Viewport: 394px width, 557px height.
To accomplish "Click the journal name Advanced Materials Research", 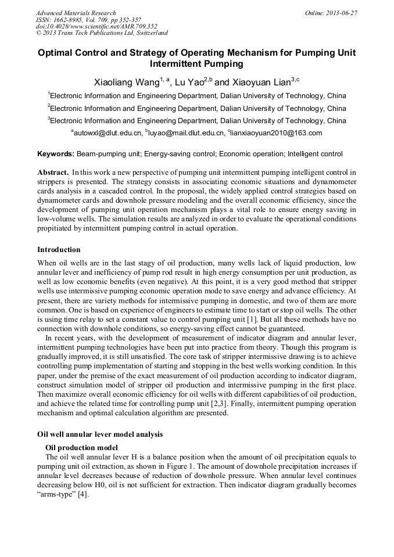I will click(x=76, y=13).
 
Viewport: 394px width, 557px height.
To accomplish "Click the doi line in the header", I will click(x=96, y=26).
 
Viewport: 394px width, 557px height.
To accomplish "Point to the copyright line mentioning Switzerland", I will click(x=102, y=33).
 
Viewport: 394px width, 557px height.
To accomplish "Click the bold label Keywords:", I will click(x=56, y=154).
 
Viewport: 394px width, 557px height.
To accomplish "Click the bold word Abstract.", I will click(x=53, y=173).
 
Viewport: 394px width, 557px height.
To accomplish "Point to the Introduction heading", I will click(x=59, y=250).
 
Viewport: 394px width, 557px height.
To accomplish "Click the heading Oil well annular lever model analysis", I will click(x=100, y=434).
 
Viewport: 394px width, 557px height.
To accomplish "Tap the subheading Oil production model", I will click(x=81, y=447).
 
